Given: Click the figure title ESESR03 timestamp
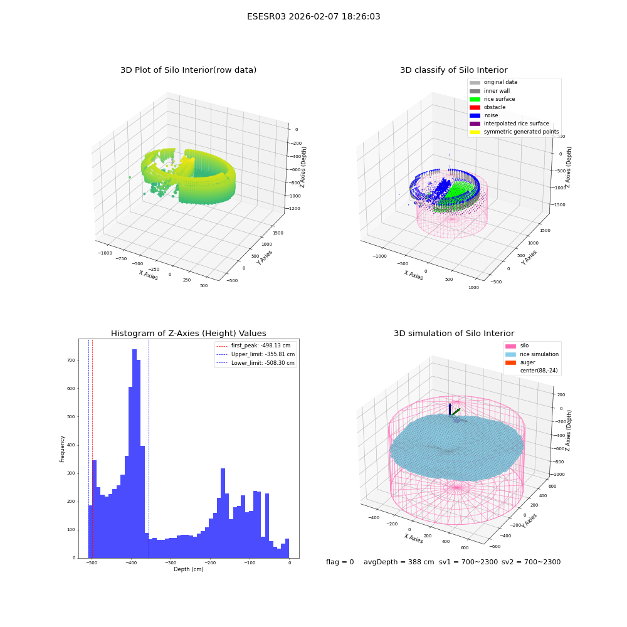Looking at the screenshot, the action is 313,17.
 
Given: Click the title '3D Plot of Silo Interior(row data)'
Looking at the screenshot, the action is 188,70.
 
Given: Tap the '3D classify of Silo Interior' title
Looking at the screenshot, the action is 454,70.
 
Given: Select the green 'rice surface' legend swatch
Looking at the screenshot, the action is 475,99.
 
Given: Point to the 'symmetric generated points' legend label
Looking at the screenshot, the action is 522,132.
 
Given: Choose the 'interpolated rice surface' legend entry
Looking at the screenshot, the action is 509,124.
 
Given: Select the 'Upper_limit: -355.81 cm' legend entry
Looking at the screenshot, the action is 256,354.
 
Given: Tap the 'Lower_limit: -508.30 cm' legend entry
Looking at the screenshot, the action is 256,363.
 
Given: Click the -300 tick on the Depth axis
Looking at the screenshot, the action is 171,562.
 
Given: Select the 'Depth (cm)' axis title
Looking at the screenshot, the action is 188,569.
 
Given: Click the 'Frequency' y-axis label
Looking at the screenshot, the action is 62,449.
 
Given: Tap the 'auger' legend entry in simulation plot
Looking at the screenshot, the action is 520,362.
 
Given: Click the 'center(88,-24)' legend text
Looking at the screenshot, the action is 539,371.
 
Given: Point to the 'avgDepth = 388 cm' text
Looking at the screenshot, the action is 399,562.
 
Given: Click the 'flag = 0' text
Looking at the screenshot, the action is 340,562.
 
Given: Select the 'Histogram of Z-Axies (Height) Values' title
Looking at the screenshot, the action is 188,334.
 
